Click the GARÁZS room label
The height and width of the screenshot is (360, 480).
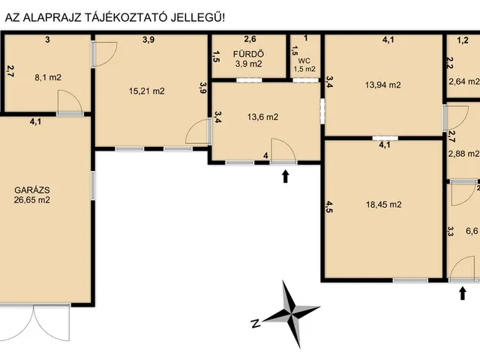coord(32,190)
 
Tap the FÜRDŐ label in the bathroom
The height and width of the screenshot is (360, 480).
coord(248,54)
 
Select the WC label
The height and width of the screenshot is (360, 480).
coord(305,61)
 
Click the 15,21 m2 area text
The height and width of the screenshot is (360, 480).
coord(147,91)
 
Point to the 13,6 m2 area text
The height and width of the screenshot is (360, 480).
coord(262,117)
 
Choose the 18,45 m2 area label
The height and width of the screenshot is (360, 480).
coord(383,205)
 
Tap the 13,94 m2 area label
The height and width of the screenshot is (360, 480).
coord(382,85)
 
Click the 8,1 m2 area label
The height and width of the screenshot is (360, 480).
coord(48,77)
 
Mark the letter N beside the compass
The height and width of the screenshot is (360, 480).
coord(255,323)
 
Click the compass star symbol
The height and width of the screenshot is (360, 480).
coord(290,313)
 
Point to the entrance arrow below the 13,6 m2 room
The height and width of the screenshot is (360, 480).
coord(286,177)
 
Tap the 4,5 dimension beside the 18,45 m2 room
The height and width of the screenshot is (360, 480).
coord(329,207)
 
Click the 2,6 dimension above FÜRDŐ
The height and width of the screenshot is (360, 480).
coord(250,39)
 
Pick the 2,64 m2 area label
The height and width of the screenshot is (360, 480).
coord(464,82)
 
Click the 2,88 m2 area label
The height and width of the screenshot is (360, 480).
coord(463,154)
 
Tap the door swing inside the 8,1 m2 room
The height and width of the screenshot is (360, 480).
coord(70,101)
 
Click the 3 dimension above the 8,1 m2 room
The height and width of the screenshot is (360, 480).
coord(47,40)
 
